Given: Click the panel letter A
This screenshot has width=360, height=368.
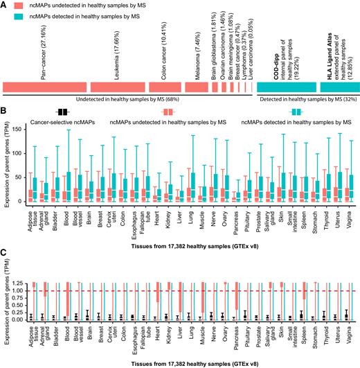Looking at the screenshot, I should (x=4, y=4).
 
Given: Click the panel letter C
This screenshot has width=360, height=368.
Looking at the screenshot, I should (x=4, y=253).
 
